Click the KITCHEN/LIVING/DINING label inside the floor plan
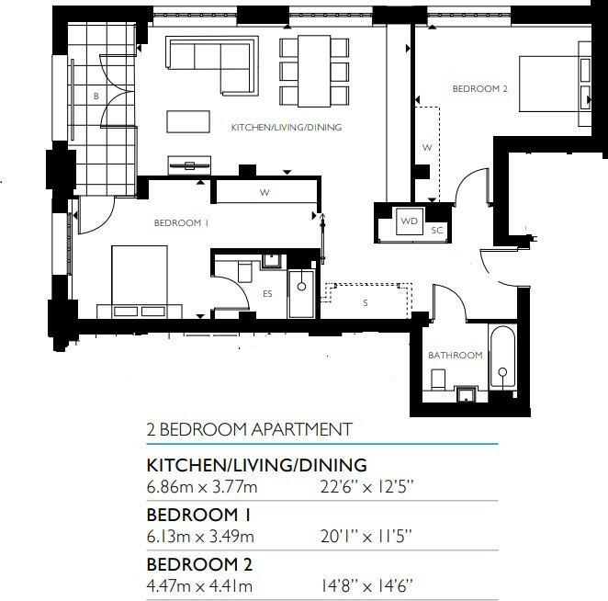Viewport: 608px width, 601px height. tap(286, 128)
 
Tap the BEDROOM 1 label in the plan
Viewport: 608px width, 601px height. tap(181, 223)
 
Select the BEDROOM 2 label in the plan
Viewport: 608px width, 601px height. tap(479, 89)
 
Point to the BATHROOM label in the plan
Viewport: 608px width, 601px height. tap(455, 355)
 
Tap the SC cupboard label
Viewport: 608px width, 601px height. tap(438, 231)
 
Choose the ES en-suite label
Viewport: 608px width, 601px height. tap(268, 294)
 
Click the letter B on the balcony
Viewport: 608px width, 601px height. tap(95, 96)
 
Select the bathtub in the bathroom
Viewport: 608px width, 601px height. tap(503, 360)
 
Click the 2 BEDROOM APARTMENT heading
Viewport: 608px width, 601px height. tap(249, 429)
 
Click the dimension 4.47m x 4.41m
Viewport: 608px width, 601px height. tap(200, 586)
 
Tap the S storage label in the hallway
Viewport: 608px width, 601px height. tap(365, 301)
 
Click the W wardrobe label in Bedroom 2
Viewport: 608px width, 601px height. tap(426, 147)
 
